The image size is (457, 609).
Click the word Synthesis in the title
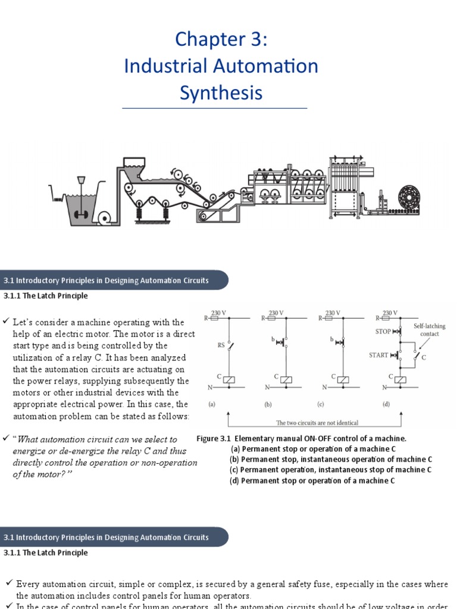click(221, 93)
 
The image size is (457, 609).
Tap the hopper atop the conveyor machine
click(134, 164)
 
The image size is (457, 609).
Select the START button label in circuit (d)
click(378, 355)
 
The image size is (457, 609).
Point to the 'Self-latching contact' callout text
click(430, 330)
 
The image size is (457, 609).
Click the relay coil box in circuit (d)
click(401, 379)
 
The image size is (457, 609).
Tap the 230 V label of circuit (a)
click(220, 312)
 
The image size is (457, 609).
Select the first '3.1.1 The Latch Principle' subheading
click(46, 296)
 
